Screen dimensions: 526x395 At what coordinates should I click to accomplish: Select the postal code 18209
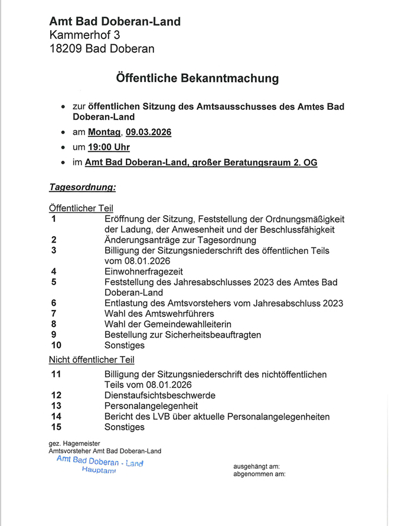pyautogui.click(x=66, y=49)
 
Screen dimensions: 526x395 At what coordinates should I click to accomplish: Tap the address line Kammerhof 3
pyautogui.click(x=84, y=35)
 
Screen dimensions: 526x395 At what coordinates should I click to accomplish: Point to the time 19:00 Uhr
pyautogui.click(x=109, y=147)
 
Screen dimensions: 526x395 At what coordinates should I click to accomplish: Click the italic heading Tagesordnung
pyautogui.click(x=82, y=188)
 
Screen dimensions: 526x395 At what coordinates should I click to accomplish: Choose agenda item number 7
pyautogui.click(x=54, y=313)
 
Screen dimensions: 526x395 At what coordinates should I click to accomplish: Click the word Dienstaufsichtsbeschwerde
pyautogui.click(x=159, y=396)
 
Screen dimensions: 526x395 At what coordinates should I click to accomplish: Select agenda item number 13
pyautogui.click(x=56, y=406)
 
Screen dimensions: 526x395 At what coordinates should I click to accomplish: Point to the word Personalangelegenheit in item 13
pyautogui.click(x=151, y=406)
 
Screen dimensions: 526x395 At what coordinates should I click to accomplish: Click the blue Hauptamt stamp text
pyautogui.click(x=99, y=471)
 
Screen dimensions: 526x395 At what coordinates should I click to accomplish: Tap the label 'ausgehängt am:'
pyautogui.click(x=256, y=466)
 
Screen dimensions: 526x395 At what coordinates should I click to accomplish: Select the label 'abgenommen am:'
pyautogui.click(x=259, y=474)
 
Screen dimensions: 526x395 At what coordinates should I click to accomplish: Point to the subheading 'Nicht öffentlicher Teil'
pyautogui.click(x=91, y=360)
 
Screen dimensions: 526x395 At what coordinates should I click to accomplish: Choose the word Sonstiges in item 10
pyautogui.click(x=125, y=345)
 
